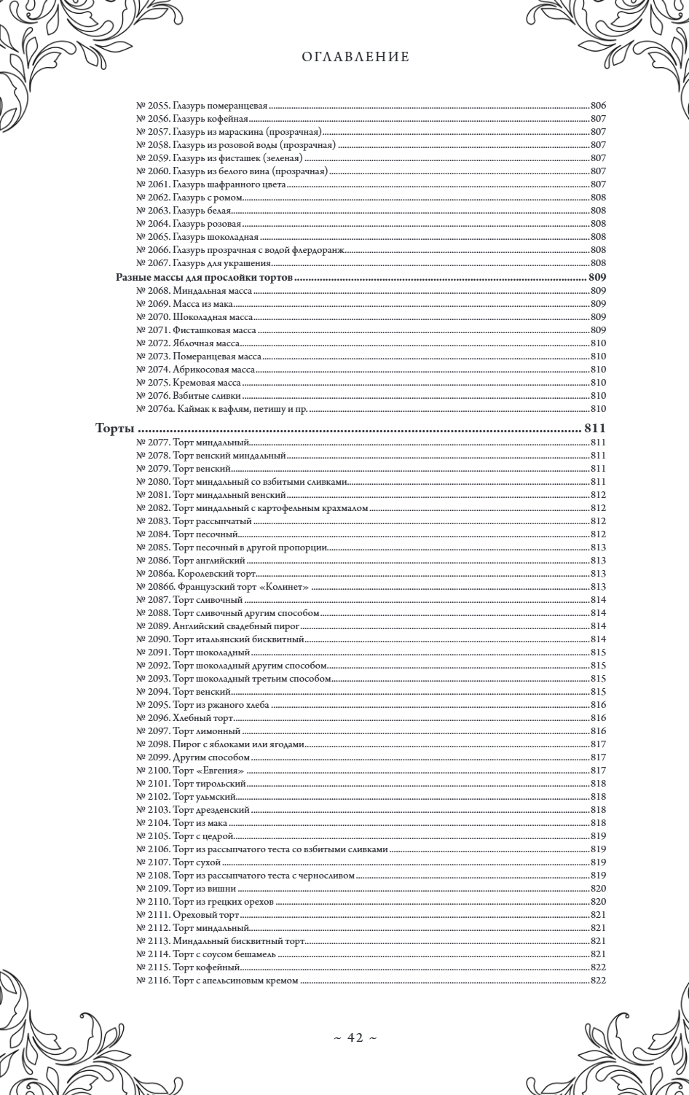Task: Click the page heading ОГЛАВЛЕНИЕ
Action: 355,57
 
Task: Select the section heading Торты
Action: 117,428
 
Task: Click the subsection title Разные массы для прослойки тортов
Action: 205,278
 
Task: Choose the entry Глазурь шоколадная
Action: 216,237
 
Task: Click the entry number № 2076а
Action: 153,409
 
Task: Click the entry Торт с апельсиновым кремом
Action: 235,981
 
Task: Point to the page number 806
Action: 598,106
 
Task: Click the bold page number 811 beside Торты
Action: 595,428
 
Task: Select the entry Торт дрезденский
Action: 211,810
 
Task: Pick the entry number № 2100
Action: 153,771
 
